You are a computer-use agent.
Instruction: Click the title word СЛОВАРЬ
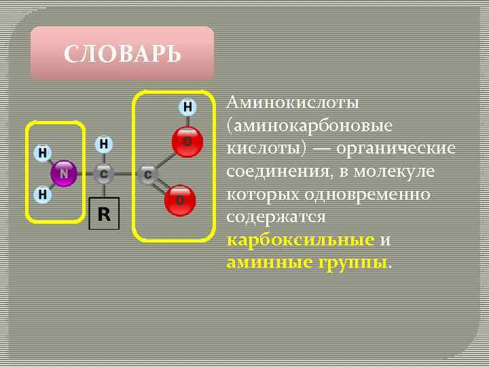(x=122, y=54)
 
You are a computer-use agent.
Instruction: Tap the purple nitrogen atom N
(x=64, y=173)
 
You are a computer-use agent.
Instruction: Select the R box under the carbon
(x=104, y=215)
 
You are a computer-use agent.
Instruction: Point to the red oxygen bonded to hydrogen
(x=185, y=141)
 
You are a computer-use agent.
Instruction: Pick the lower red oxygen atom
(x=181, y=200)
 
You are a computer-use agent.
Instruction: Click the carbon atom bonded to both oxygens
(x=147, y=175)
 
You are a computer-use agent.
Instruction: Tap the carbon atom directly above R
(x=103, y=174)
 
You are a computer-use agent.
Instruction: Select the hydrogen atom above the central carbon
(x=103, y=144)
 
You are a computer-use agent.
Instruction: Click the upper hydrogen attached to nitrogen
(x=43, y=152)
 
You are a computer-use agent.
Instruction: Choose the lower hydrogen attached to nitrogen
(x=43, y=194)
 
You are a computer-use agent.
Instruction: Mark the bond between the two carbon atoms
(x=126, y=174)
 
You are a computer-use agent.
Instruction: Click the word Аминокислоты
(x=293, y=103)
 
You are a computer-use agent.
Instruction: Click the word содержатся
(x=276, y=218)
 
